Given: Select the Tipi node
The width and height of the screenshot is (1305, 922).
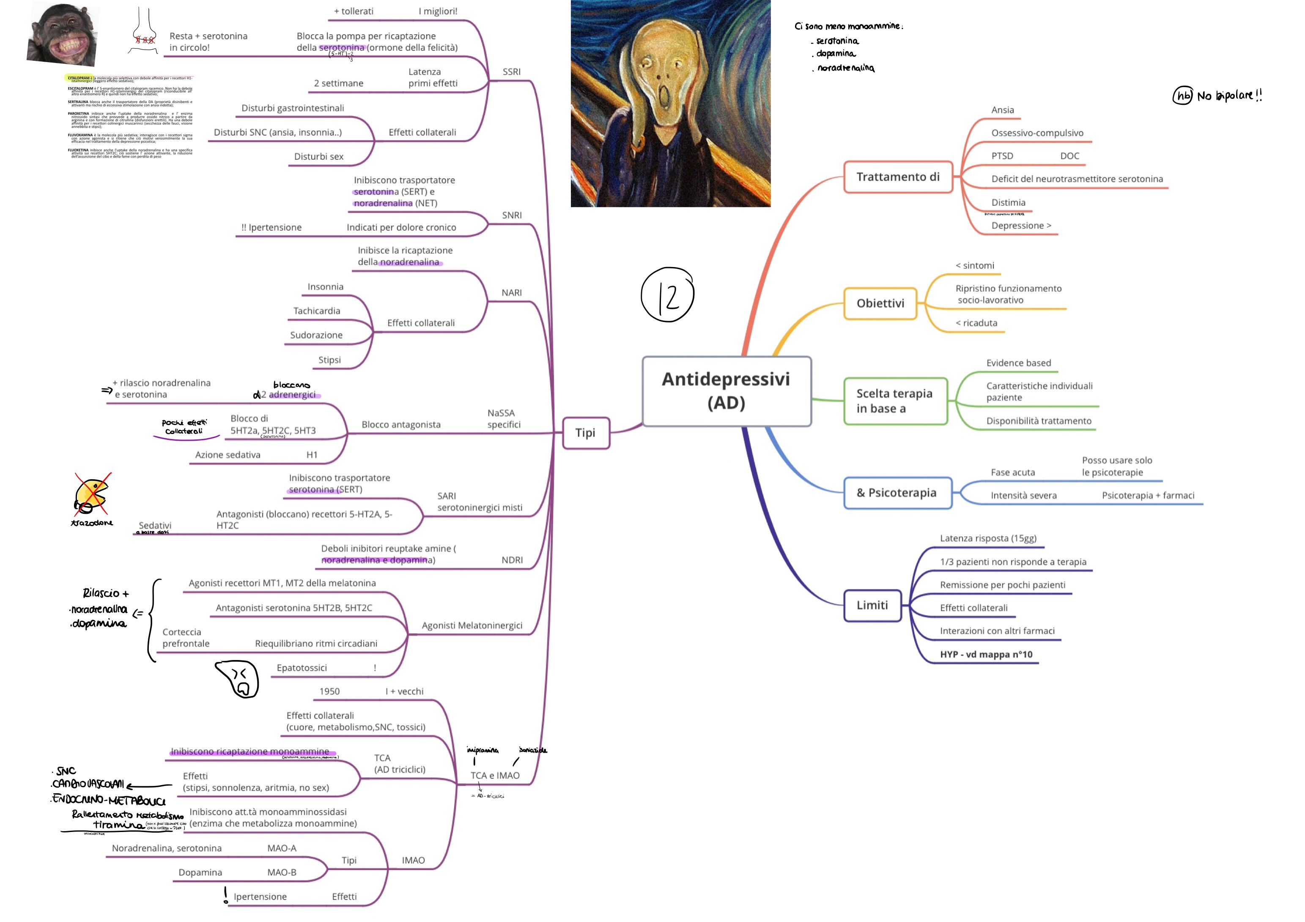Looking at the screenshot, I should tap(585, 433).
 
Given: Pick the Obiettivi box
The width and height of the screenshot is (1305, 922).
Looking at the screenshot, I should tap(880, 303).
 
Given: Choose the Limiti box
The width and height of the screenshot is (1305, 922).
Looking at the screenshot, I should tap(872, 606).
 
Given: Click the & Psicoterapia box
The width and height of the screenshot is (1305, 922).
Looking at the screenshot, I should tap(897, 493).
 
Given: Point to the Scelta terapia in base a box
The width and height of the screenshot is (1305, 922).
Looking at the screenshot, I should tap(895, 401).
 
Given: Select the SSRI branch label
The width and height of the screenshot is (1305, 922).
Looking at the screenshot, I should tap(512, 71).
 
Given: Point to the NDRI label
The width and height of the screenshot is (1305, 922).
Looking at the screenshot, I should tap(512, 560).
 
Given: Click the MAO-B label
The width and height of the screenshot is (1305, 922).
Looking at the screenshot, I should tap(282, 873).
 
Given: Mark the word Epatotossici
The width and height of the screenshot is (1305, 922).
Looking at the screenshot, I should tap(302, 668).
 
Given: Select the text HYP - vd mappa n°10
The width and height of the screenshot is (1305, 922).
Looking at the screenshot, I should tap(986, 655).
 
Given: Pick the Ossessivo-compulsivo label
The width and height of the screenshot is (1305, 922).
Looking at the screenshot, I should tap(1037, 133).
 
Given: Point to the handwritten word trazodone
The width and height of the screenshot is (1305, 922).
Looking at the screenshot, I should tap(92, 523).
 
